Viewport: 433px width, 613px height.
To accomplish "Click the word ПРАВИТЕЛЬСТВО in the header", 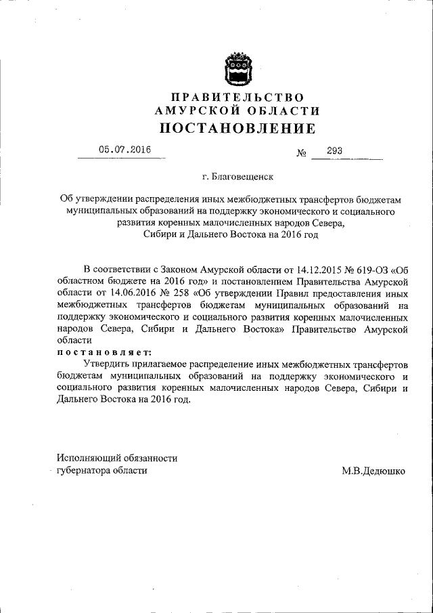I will (x=237, y=98).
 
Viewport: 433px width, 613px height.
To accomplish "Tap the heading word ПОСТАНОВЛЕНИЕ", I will (x=237, y=127).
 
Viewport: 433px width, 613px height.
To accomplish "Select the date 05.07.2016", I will (x=124, y=150).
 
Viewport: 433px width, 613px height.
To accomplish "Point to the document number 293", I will (x=334, y=151).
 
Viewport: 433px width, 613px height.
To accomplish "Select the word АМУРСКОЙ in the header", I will (x=193, y=111).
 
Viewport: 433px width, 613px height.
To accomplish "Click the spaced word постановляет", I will (x=104, y=352).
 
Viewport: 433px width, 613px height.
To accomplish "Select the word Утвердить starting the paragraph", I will (x=106, y=364).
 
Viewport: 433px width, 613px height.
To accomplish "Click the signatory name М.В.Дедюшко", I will (x=373, y=469).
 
